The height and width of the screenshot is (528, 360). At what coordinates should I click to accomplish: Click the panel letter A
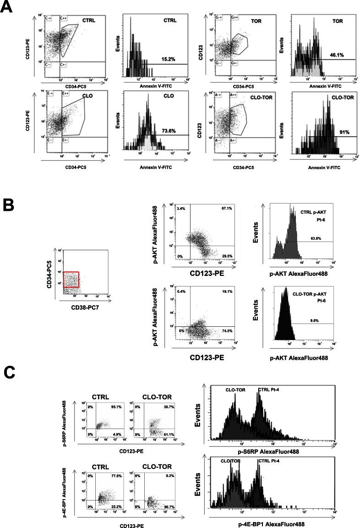(x=8, y=9)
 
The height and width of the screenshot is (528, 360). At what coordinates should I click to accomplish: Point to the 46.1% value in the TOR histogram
(x=337, y=55)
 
